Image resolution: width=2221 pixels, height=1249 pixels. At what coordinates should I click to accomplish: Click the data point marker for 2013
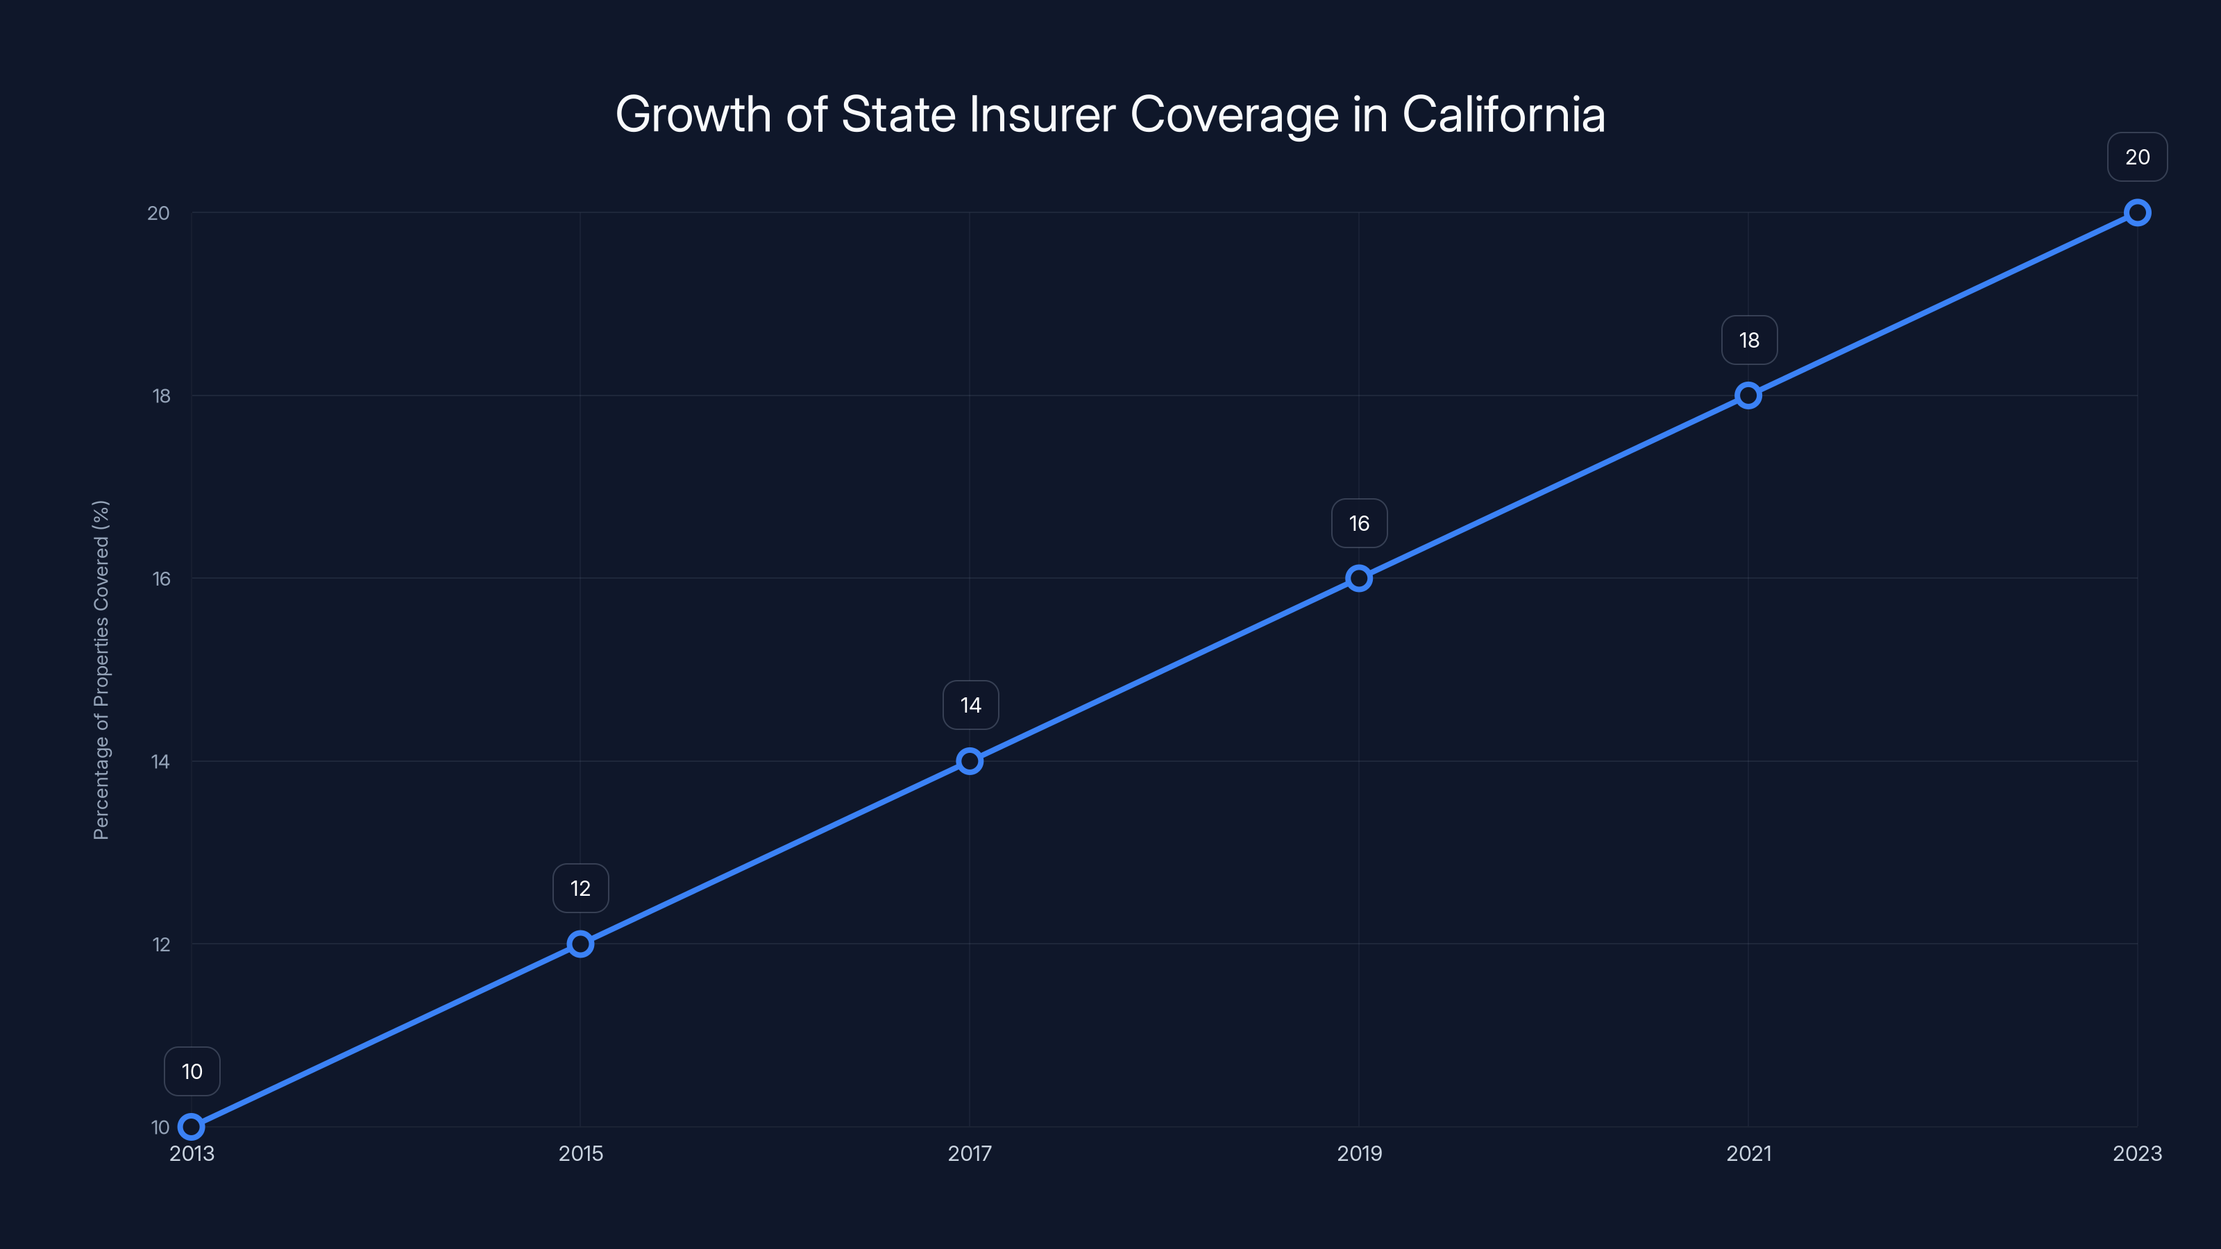[192, 1127]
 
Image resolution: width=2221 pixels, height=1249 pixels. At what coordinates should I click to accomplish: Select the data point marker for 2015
[580, 944]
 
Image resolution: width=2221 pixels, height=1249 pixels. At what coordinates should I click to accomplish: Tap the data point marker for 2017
[970, 761]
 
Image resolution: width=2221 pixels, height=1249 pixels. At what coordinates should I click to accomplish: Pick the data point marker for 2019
[1359, 579]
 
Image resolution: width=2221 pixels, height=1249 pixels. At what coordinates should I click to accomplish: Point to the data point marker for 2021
[1748, 396]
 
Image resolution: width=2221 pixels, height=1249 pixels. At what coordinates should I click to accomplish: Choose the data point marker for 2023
[2138, 213]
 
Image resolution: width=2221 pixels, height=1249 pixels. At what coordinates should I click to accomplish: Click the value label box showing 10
[192, 1071]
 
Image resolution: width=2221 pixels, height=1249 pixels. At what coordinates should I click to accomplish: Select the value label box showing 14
[971, 705]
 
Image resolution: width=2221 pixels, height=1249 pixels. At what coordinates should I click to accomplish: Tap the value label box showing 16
[1360, 523]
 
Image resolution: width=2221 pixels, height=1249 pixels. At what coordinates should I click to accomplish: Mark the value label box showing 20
[2138, 157]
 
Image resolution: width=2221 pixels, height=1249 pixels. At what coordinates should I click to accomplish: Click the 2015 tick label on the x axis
[580, 1153]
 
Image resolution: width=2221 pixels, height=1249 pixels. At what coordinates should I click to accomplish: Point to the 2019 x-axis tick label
[1359, 1153]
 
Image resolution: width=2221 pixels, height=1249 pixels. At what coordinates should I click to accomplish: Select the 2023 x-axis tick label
[2138, 1153]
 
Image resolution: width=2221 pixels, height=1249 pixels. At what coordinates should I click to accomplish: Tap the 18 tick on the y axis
[161, 396]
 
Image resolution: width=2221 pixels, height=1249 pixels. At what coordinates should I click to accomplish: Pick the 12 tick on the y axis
[161, 944]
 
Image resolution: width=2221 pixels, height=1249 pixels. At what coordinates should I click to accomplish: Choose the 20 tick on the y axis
[159, 213]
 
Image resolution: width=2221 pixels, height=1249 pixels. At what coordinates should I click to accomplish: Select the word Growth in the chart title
[693, 114]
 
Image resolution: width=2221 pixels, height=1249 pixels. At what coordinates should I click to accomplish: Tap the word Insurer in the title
[1042, 114]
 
